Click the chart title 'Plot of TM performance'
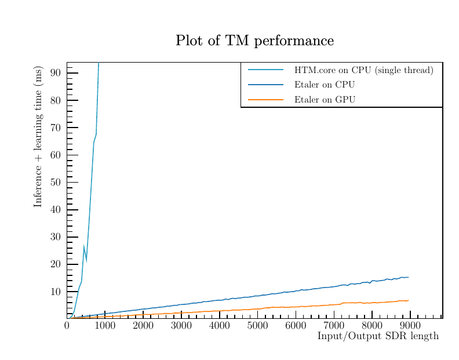(254, 41)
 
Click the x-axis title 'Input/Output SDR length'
(378, 337)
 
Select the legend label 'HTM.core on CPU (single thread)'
(363, 70)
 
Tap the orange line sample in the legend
(265, 100)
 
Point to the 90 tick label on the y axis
(56, 73)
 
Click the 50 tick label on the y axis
(56, 182)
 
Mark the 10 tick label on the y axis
(56, 292)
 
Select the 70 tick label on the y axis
(56, 128)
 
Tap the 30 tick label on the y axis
(56, 237)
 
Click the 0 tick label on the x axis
(67, 325)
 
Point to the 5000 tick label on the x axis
(257, 325)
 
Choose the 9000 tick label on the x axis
(410, 325)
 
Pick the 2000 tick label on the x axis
(143, 325)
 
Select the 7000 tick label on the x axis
(334, 325)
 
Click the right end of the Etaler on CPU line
(409, 277)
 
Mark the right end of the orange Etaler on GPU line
(409, 300)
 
